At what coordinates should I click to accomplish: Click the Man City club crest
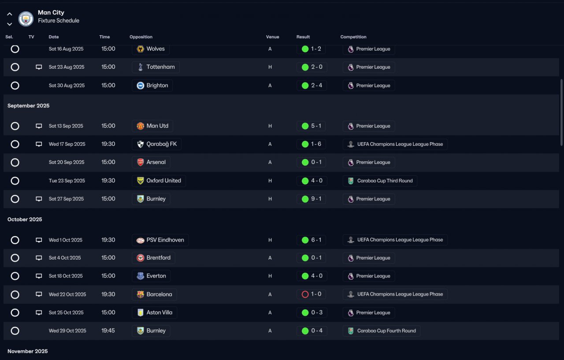tap(26, 19)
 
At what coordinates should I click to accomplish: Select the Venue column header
tap(272, 37)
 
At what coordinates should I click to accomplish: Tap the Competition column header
tap(353, 37)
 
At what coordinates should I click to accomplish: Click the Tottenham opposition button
tap(156, 67)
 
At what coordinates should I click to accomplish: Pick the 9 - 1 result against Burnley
tap(311, 199)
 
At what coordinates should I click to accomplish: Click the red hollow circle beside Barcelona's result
tap(305, 294)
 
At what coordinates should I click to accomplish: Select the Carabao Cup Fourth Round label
tap(386, 331)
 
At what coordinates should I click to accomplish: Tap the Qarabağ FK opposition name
tap(162, 144)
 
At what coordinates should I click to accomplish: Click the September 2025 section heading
tap(29, 106)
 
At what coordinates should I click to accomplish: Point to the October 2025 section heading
tap(25, 219)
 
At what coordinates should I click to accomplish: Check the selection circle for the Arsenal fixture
tap(15, 163)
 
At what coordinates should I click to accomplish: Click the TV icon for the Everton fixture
tap(39, 276)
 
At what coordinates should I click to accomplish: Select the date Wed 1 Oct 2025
tap(66, 240)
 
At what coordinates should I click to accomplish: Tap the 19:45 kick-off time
tap(108, 330)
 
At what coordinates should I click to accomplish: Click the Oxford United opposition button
tap(159, 181)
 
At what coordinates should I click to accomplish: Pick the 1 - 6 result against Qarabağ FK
tap(311, 144)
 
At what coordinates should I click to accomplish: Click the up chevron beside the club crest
tap(10, 14)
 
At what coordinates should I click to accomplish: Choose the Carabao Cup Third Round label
tap(385, 181)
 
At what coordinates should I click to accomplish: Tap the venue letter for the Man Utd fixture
tap(270, 126)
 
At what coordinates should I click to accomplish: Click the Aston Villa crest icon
tap(140, 313)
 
